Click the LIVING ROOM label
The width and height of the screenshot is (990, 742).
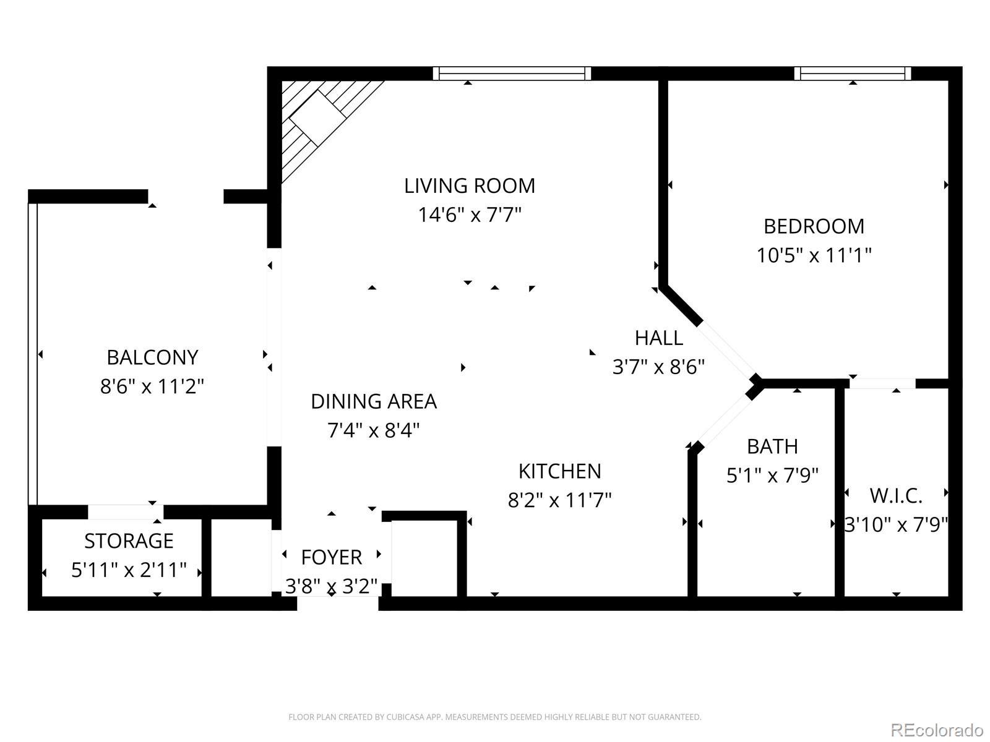point(470,186)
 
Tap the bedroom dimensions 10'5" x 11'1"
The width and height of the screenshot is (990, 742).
point(814,255)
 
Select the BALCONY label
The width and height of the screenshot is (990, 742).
point(152,358)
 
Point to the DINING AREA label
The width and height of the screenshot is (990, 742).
point(374,401)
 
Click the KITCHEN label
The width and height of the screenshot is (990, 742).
point(560,472)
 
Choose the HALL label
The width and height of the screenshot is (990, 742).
point(659,338)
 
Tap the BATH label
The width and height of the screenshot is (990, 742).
point(773,447)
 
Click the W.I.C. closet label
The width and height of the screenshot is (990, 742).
point(896,497)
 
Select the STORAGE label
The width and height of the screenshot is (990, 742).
point(129,541)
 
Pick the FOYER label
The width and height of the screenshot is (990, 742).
point(332,558)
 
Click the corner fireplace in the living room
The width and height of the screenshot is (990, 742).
point(319,119)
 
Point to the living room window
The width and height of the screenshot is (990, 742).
point(512,74)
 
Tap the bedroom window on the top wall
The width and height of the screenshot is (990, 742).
point(853,74)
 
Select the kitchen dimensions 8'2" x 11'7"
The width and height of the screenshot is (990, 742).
point(560,500)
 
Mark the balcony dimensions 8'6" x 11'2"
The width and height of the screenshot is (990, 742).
point(152,386)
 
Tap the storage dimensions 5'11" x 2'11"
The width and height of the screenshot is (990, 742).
point(129,570)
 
